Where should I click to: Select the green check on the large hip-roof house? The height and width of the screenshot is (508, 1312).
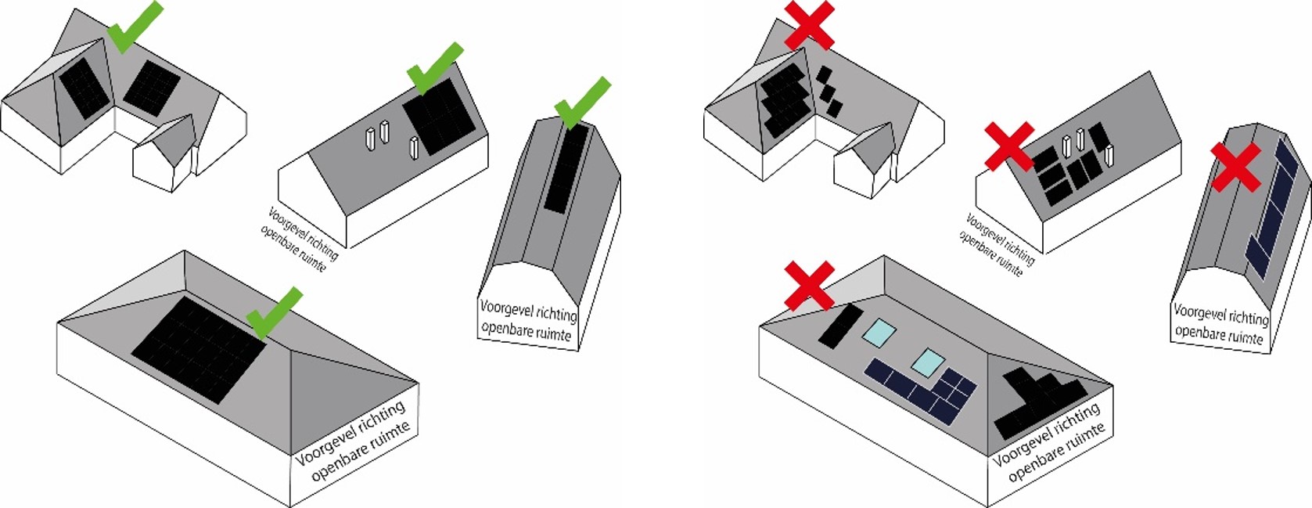pyautogui.click(x=272, y=312)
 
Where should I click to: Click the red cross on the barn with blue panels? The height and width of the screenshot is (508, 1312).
pyautogui.click(x=1236, y=166)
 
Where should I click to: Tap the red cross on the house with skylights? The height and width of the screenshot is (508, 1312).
pyautogui.click(x=809, y=286)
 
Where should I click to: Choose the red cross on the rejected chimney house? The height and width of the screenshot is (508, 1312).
pyautogui.click(x=1009, y=146)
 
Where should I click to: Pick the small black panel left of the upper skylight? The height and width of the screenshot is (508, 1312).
pyautogui.click(x=840, y=326)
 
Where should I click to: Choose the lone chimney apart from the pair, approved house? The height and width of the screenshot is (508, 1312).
pyautogui.click(x=414, y=148)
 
